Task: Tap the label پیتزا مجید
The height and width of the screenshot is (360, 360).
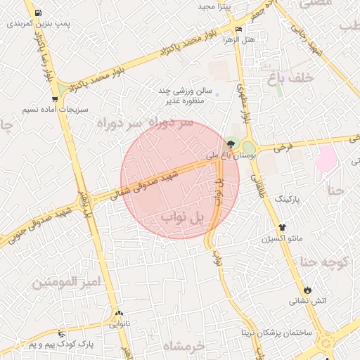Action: point(214,6)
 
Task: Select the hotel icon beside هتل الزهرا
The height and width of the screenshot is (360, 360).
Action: point(240,29)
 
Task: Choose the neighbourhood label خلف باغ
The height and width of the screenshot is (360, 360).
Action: point(289,78)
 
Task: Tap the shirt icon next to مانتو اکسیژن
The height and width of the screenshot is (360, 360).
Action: point(283,228)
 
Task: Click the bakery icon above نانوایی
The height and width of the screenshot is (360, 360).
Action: point(118,314)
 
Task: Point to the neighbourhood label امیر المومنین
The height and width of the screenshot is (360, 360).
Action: point(67,282)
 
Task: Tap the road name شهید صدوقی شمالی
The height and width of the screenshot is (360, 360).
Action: point(143,183)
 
